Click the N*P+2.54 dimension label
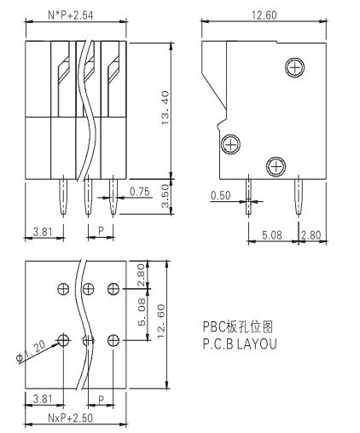(x=71, y=15)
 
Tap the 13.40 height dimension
(x=165, y=107)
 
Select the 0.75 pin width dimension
(x=139, y=192)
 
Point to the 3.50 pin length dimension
(x=165, y=196)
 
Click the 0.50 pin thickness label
(x=220, y=195)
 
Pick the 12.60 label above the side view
(x=264, y=15)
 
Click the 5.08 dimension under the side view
(x=272, y=235)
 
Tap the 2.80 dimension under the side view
(x=311, y=235)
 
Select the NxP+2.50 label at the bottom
(x=70, y=418)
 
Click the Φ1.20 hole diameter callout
(x=31, y=352)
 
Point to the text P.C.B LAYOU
(x=240, y=344)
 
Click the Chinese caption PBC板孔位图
(x=238, y=326)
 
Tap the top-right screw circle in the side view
(x=295, y=67)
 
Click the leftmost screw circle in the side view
(x=230, y=144)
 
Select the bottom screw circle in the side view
(x=276, y=166)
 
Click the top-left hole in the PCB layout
(x=63, y=289)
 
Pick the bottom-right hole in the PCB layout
(x=113, y=340)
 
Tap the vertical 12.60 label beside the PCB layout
(x=161, y=321)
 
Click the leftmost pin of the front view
(x=63, y=197)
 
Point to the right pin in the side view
(x=299, y=196)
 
